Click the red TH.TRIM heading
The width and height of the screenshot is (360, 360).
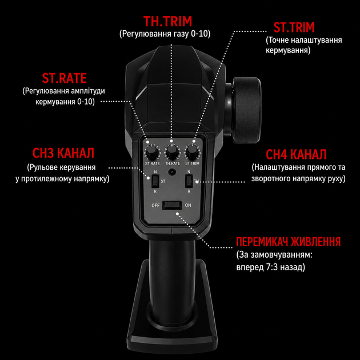[x=167, y=21]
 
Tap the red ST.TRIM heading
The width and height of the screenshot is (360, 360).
[x=294, y=27]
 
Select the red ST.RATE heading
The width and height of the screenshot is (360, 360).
[x=64, y=78]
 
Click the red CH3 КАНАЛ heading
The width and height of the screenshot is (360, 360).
[x=63, y=153]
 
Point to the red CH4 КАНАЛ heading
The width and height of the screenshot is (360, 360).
[x=296, y=154]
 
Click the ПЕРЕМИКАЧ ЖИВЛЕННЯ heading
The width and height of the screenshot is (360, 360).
[x=289, y=242]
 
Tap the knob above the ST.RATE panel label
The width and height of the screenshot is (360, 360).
[x=152, y=151]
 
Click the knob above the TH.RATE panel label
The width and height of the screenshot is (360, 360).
[x=172, y=151]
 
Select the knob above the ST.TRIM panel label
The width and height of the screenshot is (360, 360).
[x=192, y=151]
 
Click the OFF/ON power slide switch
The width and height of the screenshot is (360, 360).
[x=172, y=205]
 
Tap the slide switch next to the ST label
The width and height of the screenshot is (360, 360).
[x=155, y=181]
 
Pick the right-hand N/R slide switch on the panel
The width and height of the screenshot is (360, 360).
[x=189, y=181]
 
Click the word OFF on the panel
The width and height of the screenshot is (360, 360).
[x=155, y=206]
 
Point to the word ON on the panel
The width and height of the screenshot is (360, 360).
[x=188, y=206]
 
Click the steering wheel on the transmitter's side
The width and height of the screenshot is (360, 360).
[x=246, y=110]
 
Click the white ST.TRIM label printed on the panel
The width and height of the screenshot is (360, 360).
[x=193, y=163]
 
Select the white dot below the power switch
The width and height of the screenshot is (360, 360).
[x=177, y=214]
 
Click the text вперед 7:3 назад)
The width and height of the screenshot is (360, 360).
[x=271, y=267]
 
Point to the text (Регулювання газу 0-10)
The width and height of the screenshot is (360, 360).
[x=165, y=34]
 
